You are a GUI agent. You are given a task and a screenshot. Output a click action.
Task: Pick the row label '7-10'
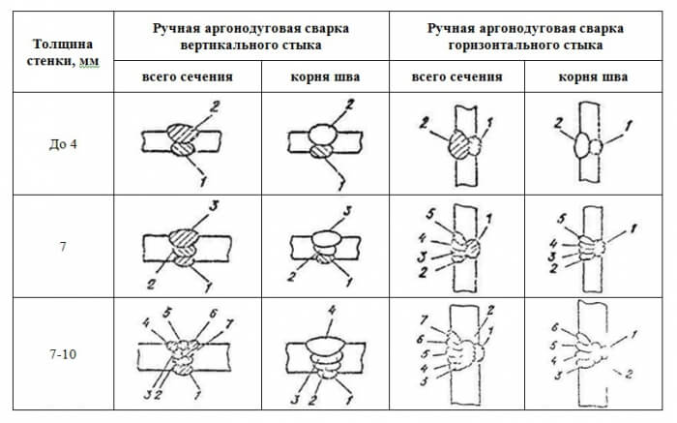coord(62,354)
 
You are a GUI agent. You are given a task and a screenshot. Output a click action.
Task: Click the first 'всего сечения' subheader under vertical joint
coord(188,77)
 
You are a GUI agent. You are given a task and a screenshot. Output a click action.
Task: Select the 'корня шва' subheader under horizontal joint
coord(594,77)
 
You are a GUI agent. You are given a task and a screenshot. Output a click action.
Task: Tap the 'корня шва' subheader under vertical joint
coord(325,77)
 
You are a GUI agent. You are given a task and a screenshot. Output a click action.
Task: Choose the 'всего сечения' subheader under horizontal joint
coord(457,77)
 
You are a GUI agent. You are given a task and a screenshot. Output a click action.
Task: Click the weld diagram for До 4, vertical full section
coord(182,140)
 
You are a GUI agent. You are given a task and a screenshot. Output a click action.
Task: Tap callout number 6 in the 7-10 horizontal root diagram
coord(554,326)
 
